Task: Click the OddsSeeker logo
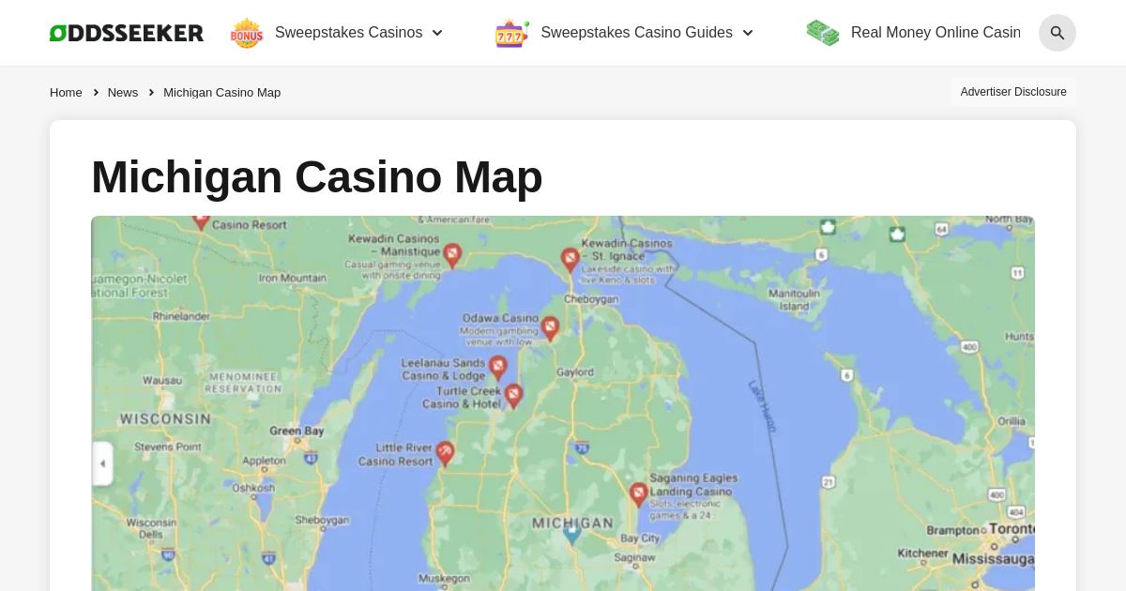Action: point(127,33)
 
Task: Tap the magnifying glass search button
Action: point(1057,33)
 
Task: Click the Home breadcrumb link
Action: point(66,92)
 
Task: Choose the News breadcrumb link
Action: point(123,92)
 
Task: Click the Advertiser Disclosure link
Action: point(1013,92)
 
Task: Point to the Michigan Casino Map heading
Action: point(317,176)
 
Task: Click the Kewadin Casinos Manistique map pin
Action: point(452,254)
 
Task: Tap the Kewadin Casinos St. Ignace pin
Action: point(570,259)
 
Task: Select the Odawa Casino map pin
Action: point(550,327)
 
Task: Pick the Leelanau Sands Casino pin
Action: point(498,367)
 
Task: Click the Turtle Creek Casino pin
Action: point(512,395)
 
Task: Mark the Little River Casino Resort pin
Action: point(445,453)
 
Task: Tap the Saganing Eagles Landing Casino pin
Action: point(638,493)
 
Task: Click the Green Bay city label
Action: point(297,431)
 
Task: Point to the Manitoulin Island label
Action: point(794,299)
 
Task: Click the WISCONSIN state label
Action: point(165,418)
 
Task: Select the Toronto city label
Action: point(1011,529)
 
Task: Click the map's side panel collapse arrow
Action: point(102,463)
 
